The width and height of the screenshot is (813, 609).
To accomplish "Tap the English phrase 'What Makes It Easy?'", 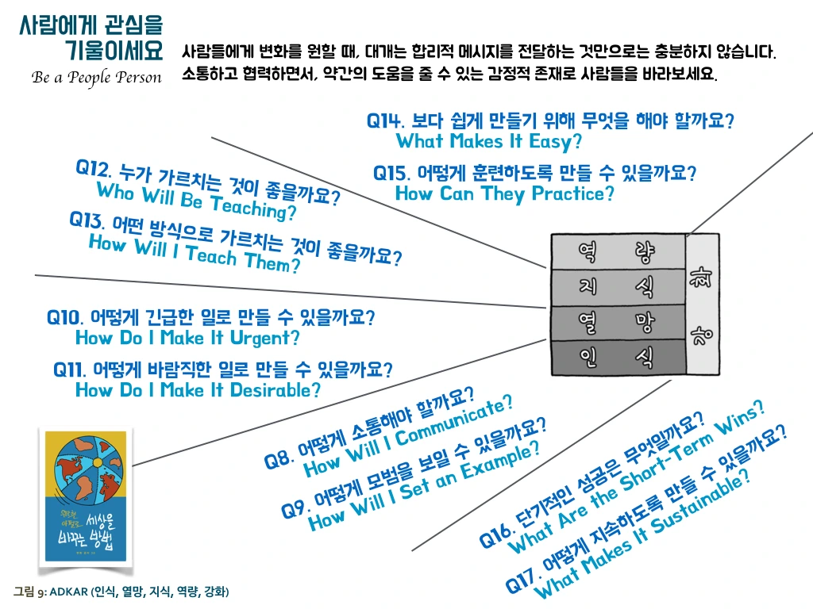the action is point(489,142).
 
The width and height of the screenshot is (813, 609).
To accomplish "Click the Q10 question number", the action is point(65,317).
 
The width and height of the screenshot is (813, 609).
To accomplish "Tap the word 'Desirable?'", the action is point(275,390).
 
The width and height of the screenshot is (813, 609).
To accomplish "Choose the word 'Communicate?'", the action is point(454,421).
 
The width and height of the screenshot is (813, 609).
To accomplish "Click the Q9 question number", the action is point(295,508).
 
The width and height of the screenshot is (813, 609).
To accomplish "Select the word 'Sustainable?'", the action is point(700,502).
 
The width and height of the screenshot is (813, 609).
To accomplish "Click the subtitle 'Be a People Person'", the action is point(96,78).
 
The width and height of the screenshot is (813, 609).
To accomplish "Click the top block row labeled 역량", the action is point(618,251).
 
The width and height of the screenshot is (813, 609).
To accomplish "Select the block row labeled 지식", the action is point(618,287).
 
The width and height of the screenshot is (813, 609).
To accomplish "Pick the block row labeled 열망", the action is point(618,322).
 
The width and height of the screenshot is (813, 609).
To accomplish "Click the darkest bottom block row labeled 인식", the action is point(618,357).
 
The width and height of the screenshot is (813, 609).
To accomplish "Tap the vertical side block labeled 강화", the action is point(702,304).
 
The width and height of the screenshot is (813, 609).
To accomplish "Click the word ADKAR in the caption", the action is point(68,592).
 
